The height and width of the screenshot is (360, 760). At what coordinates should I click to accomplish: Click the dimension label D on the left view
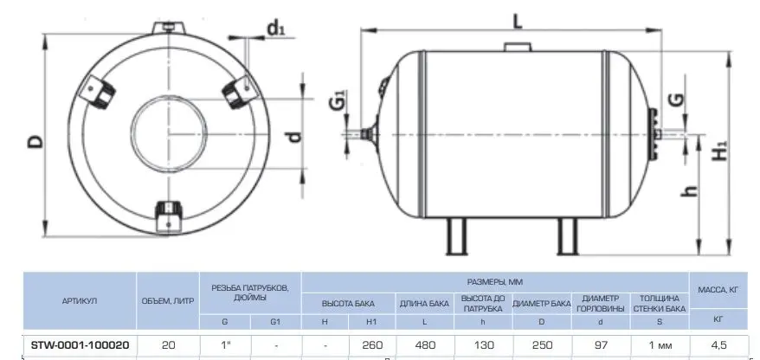[x=35, y=142]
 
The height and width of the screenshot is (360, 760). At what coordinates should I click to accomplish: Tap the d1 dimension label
[x=276, y=29]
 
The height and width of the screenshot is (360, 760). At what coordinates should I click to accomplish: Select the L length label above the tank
[x=518, y=21]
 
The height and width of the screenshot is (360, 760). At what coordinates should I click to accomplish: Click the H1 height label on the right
[x=722, y=151]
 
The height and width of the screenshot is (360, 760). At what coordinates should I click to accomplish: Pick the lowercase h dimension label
[x=689, y=191]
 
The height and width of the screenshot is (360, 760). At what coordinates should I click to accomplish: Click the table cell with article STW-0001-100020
[x=80, y=345]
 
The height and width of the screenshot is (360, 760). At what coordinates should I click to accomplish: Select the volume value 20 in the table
[x=169, y=345]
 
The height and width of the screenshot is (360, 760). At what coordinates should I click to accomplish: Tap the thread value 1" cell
[x=225, y=345]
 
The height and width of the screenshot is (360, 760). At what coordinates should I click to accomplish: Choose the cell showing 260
[x=372, y=345]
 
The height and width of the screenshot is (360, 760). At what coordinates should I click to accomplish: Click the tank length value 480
[x=425, y=345]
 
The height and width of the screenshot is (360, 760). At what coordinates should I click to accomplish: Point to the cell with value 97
[x=601, y=345]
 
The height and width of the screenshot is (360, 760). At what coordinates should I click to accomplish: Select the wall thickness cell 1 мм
[x=660, y=345]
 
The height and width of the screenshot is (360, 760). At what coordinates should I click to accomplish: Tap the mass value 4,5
[x=719, y=345]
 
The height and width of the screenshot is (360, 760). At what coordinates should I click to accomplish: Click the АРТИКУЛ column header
[x=80, y=301]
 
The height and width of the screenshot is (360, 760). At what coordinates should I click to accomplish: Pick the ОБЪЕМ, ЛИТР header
[x=168, y=301]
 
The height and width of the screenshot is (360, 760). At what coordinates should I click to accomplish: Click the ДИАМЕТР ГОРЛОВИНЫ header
[x=601, y=303]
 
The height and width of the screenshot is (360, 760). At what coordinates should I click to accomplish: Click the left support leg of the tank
[x=456, y=236]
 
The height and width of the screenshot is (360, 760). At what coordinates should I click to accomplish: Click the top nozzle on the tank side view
[x=518, y=47]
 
